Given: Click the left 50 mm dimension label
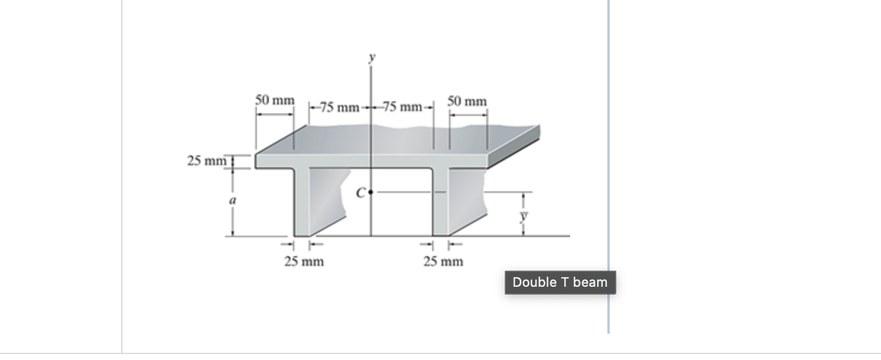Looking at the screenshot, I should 275,100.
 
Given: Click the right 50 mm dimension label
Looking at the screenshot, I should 468,101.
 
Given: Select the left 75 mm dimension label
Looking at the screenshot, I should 339,107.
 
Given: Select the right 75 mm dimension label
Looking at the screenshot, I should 403,107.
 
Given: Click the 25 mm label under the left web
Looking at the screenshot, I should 304,262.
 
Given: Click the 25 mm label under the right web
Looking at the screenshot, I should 443,262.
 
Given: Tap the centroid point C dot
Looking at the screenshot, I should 371,193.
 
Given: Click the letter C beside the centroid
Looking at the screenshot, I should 360,193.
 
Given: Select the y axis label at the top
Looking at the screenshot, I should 372,58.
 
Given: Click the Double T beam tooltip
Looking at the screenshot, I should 560,283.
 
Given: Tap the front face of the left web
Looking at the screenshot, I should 302,202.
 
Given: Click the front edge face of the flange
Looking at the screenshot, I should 372,161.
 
